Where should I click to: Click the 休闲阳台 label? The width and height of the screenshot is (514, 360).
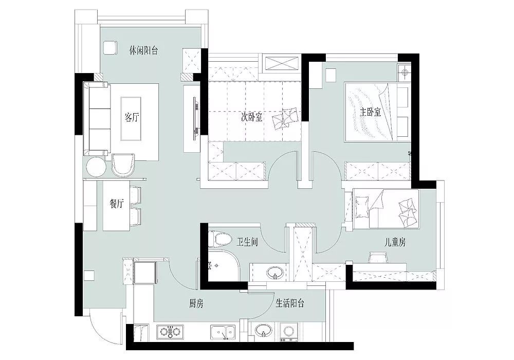(x=143, y=51)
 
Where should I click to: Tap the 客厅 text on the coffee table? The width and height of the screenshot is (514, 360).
(x=132, y=117)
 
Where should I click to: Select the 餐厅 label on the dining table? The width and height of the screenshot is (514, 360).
(x=117, y=204)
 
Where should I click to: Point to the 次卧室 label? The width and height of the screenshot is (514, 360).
(x=252, y=117)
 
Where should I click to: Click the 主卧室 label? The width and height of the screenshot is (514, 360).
(x=371, y=112)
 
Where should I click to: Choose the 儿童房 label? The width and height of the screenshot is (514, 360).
(x=395, y=242)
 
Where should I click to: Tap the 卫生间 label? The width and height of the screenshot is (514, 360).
(x=247, y=242)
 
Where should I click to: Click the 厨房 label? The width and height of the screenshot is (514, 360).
(x=196, y=303)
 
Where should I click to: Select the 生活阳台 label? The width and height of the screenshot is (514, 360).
(x=290, y=303)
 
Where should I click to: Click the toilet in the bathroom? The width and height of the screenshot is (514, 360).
(x=219, y=239)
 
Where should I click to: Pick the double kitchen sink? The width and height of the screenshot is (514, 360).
(x=223, y=332)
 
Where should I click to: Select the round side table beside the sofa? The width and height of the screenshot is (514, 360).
(x=96, y=167)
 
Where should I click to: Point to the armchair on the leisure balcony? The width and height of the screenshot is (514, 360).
(x=109, y=48)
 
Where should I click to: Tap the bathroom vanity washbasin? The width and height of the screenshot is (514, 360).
(x=274, y=272)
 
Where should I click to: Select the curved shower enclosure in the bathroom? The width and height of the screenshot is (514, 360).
(x=223, y=266)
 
